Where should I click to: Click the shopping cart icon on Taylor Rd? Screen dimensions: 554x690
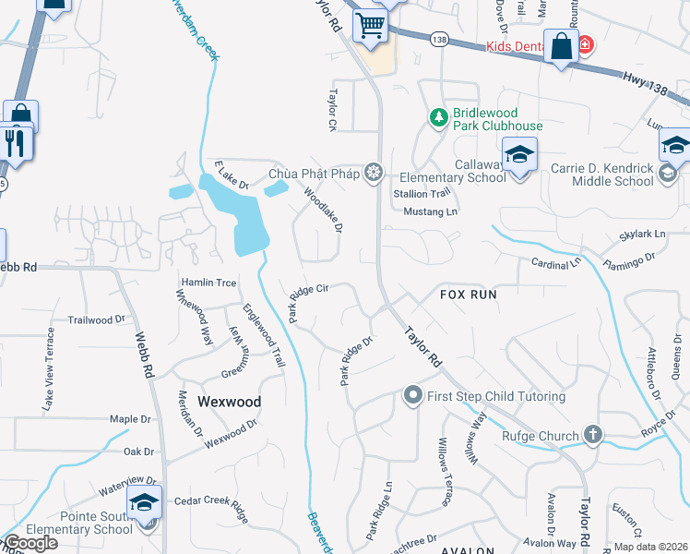coord(370,26)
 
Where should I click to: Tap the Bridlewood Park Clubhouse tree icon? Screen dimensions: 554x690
coord(438,117)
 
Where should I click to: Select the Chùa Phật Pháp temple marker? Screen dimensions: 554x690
coord(374,172)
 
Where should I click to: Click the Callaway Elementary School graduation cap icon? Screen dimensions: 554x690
coord(519,153)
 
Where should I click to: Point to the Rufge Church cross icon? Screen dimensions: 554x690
coord(592,434)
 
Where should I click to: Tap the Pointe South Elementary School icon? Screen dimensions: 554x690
coord(144,501)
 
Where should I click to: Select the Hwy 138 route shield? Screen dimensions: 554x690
coord(439,38)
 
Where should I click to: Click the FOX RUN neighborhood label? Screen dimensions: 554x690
coord(468,295)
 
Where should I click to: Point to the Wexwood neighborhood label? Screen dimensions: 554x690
coord(229,402)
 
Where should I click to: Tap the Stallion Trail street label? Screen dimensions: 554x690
coord(423,194)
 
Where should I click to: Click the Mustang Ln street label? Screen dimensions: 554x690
coord(431,211)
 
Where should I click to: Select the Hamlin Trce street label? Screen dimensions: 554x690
coord(209,282)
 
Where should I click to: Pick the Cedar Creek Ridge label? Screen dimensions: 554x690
coord(212,505)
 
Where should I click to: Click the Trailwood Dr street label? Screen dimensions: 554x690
coord(96,319)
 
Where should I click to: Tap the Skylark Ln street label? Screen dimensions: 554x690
coord(642,235)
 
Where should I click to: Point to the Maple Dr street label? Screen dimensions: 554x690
coord(129,419)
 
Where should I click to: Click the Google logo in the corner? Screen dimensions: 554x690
coord(30,543)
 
